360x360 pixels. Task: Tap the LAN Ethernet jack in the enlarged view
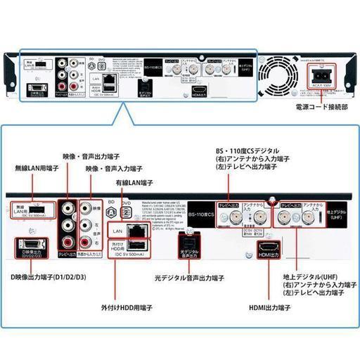(138, 229)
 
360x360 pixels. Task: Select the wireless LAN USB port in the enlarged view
(42, 210)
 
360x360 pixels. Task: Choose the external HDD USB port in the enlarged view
(139, 244)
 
